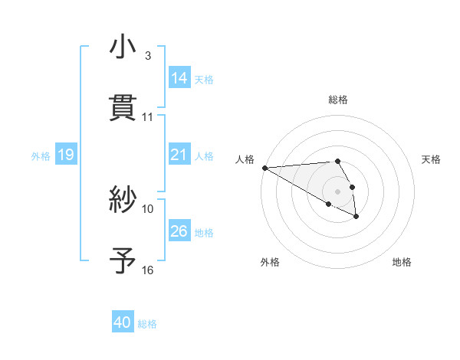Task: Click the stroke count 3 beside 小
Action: (x=148, y=56)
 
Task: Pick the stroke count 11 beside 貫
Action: (x=148, y=116)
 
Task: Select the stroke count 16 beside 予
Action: (x=148, y=270)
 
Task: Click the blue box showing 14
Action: (x=179, y=78)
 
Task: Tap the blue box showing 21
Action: (x=179, y=155)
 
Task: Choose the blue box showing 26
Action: (x=179, y=231)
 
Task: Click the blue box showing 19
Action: (x=65, y=155)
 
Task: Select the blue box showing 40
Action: (x=123, y=322)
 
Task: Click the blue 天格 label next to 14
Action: (x=204, y=80)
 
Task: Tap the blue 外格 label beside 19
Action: (x=41, y=156)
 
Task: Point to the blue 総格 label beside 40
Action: (x=147, y=324)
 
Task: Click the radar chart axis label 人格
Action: (x=245, y=159)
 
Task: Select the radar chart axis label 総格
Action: (x=338, y=100)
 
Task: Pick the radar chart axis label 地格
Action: (x=402, y=262)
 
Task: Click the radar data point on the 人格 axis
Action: (x=264, y=168)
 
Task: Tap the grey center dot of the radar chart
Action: (x=337, y=191)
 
